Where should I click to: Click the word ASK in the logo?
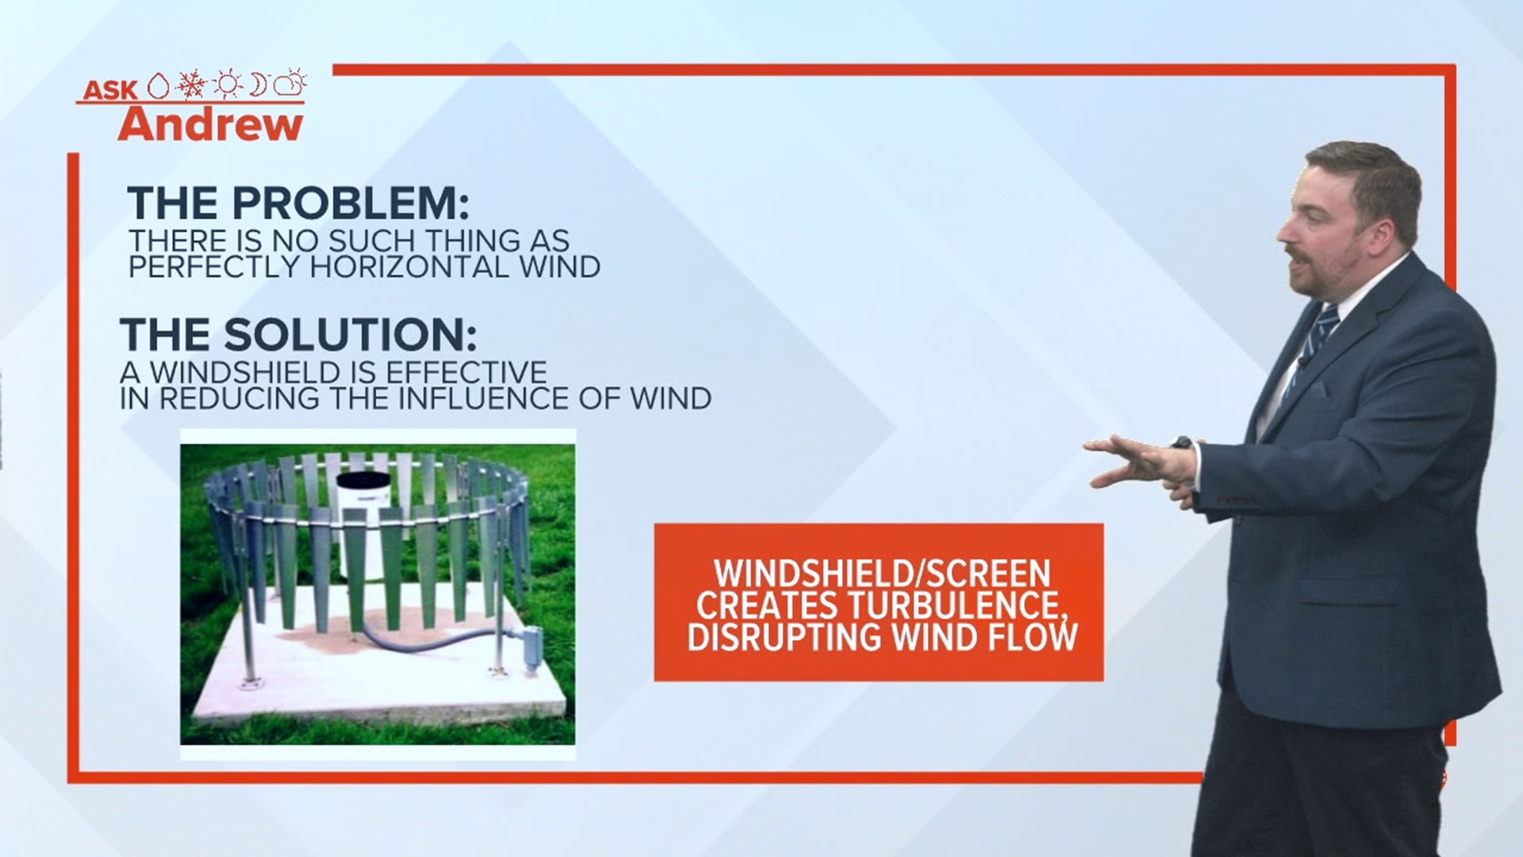click(x=110, y=90)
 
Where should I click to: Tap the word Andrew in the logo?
click(x=211, y=124)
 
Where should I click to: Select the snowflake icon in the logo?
click(x=190, y=83)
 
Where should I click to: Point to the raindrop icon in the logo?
click(x=159, y=86)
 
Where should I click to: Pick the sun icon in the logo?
click(x=227, y=83)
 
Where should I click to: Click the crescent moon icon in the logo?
click(x=259, y=83)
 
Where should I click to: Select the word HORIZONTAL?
click(x=409, y=267)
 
